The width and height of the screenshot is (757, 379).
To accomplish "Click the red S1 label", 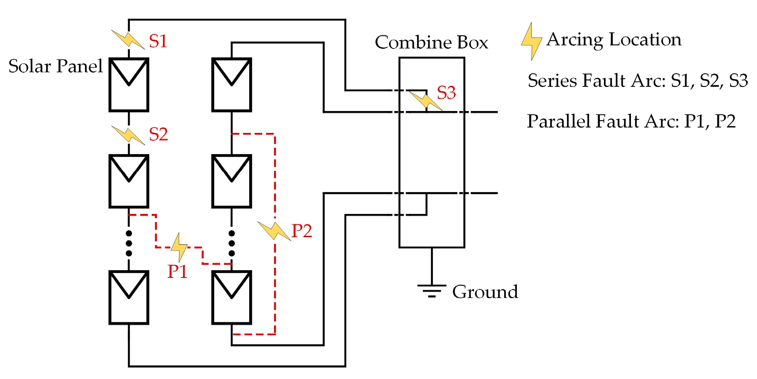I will tap(158, 41).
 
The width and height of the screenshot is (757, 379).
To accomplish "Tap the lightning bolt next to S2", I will tap(128, 135).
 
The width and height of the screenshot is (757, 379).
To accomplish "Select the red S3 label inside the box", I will tap(446, 93).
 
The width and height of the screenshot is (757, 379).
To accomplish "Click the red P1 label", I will tap(177, 272).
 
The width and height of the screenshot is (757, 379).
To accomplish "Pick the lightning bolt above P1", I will tap(179, 247).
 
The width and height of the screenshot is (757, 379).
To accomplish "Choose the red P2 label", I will tap(301, 231).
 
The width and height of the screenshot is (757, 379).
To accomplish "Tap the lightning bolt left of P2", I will tap(274, 230).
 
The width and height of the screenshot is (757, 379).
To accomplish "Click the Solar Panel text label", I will tap(55, 67).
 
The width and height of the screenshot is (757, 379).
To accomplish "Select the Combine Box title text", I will tap(431, 43).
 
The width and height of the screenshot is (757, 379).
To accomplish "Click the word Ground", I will tap(485, 292).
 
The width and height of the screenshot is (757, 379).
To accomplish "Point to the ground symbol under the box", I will tap(431, 291).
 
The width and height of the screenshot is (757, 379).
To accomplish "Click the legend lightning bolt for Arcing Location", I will tap(531, 41).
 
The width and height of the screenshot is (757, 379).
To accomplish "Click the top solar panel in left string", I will tap(129, 85).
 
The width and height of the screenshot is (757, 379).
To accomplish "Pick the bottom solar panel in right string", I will tap(231, 298).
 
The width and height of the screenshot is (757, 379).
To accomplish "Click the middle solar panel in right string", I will tap(231, 181).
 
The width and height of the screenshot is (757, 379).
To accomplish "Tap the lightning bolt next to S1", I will tap(128, 39).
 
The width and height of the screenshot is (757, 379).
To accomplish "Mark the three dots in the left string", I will tap(129, 243).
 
